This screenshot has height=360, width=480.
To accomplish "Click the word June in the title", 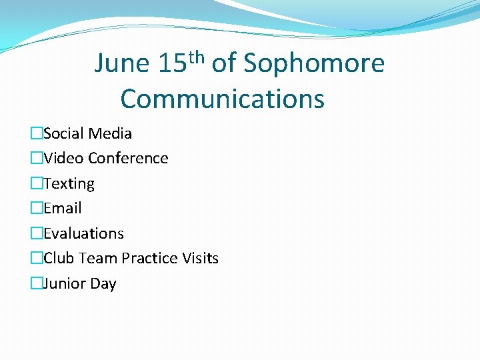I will click(x=122, y=64).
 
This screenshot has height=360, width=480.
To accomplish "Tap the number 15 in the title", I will click(x=172, y=64).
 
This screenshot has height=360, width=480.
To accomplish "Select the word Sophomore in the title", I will click(x=314, y=64).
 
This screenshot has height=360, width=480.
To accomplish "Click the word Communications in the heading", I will click(x=223, y=99).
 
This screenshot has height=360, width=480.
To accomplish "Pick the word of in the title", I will click(x=224, y=64).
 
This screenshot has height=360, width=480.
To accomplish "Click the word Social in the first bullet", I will click(x=64, y=133).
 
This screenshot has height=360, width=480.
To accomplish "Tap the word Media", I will click(x=110, y=133).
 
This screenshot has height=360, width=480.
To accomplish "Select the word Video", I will click(x=63, y=158).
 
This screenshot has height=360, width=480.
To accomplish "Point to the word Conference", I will click(x=128, y=158).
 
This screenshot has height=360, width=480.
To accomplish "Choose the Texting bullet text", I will click(x=69, y=183).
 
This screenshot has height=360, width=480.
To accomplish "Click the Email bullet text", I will click(x=63, y=208).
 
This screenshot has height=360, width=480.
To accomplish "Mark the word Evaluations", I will click(x=84, y=233).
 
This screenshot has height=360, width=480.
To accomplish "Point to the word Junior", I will click(x=65, y=283).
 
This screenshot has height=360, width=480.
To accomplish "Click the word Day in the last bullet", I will click(x=103, y=284).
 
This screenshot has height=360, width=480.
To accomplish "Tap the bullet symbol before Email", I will click(x=36, y=209).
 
